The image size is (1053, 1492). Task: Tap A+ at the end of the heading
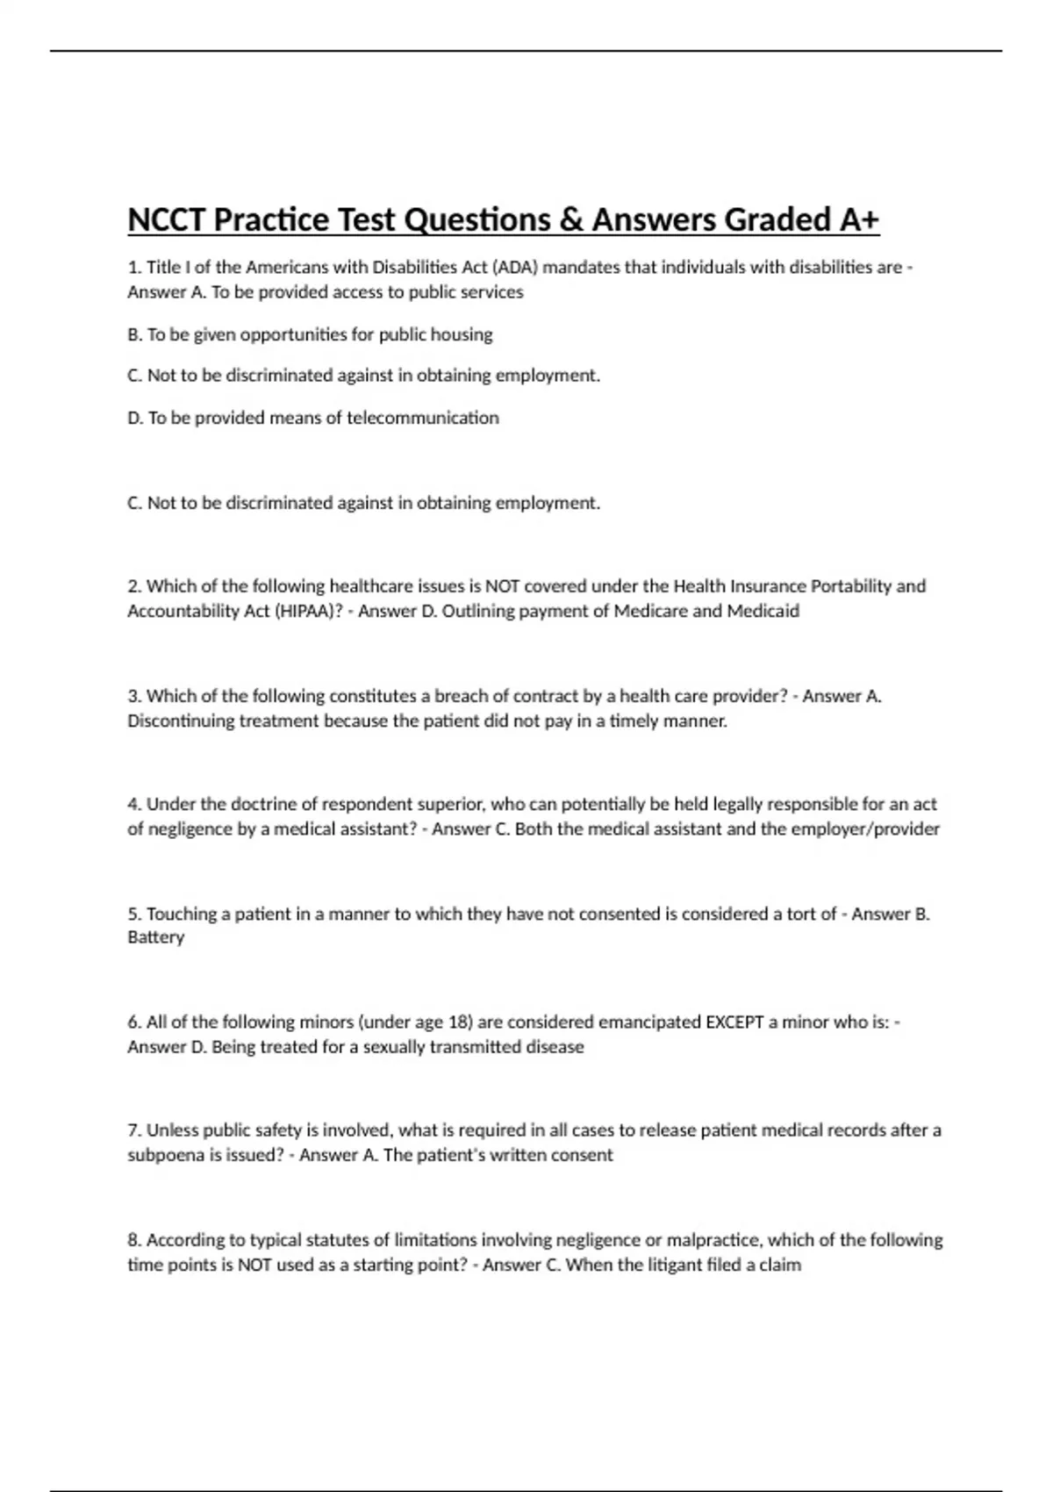point(859,219)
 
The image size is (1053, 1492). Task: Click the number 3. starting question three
point(134,696)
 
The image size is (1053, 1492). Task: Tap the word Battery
point(156,937)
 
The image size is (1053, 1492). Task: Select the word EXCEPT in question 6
point(734,1022)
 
